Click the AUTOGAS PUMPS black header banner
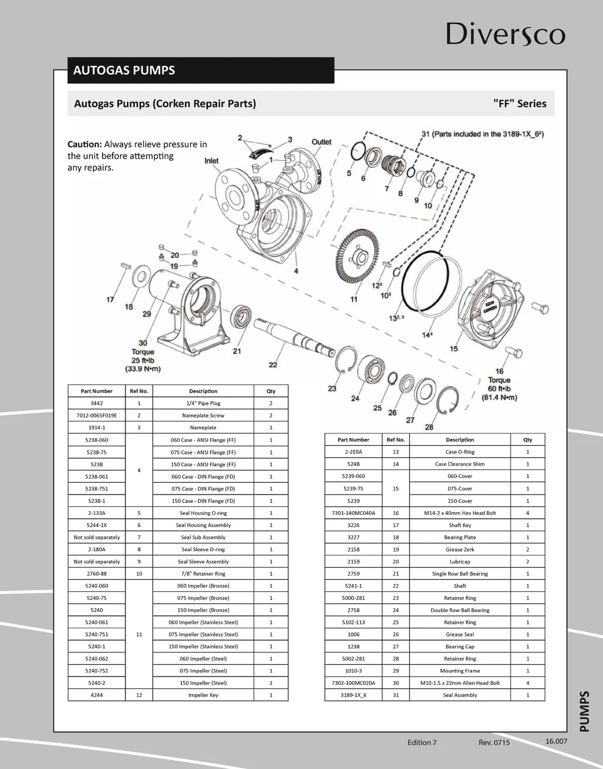coord(200,70)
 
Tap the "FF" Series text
coord(519,104)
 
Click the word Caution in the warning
coord(85,144)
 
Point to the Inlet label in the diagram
coord(211,160)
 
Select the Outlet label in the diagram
coord(322,142)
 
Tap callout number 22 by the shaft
coord(273,365)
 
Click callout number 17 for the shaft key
coord(110,300)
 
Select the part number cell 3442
coord(97,403)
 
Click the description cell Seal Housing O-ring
coord(203,513)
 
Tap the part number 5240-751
coord(97,634)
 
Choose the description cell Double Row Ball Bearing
coord(460,610)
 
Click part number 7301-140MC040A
coord(353,513)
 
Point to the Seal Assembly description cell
coord(460,695)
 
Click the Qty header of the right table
coord(528,440)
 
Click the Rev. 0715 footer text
coord(494,743)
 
